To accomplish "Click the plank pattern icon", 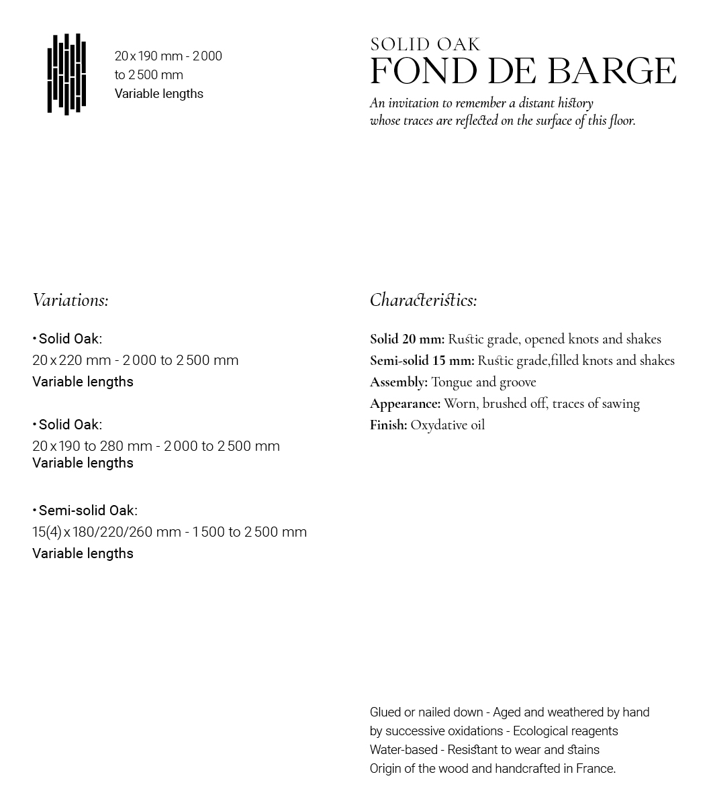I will [x=66, y=74].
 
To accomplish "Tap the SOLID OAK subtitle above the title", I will [x=425, y=45].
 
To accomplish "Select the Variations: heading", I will [x=70, y=300].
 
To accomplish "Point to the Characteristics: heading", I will [x=423, y=300].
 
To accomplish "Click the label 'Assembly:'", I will [x=398, y=382].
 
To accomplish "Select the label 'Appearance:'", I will [x=405, y=404].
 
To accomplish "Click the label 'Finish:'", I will [x=388, y=425].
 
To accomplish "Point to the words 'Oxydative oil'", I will [x=447, y=425].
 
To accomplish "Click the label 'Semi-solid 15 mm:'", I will [x=422, y=361].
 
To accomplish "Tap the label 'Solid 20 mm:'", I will [x=407, y=339].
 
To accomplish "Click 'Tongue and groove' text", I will [x=483, y=382].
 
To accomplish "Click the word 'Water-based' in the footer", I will [x=404, y=750].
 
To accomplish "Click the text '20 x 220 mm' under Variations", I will [x=71, y=360].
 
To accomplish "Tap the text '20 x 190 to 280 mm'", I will [x=92, y=446].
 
